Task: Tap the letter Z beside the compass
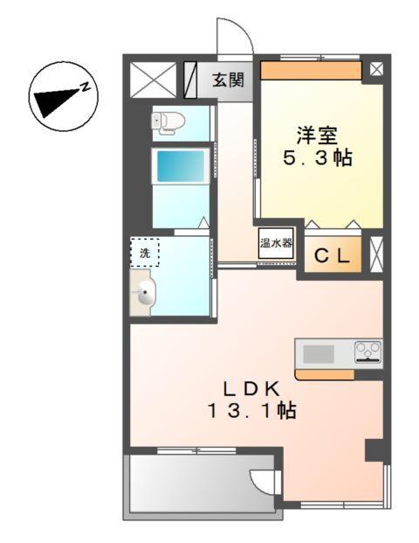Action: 86,85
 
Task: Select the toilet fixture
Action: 166,123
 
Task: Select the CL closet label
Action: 333,256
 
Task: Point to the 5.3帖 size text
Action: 318,162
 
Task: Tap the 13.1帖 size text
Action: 251,410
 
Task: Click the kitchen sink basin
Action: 318,353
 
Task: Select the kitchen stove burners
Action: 367,352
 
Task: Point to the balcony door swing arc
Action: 262,480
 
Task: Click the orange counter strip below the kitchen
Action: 324,374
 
